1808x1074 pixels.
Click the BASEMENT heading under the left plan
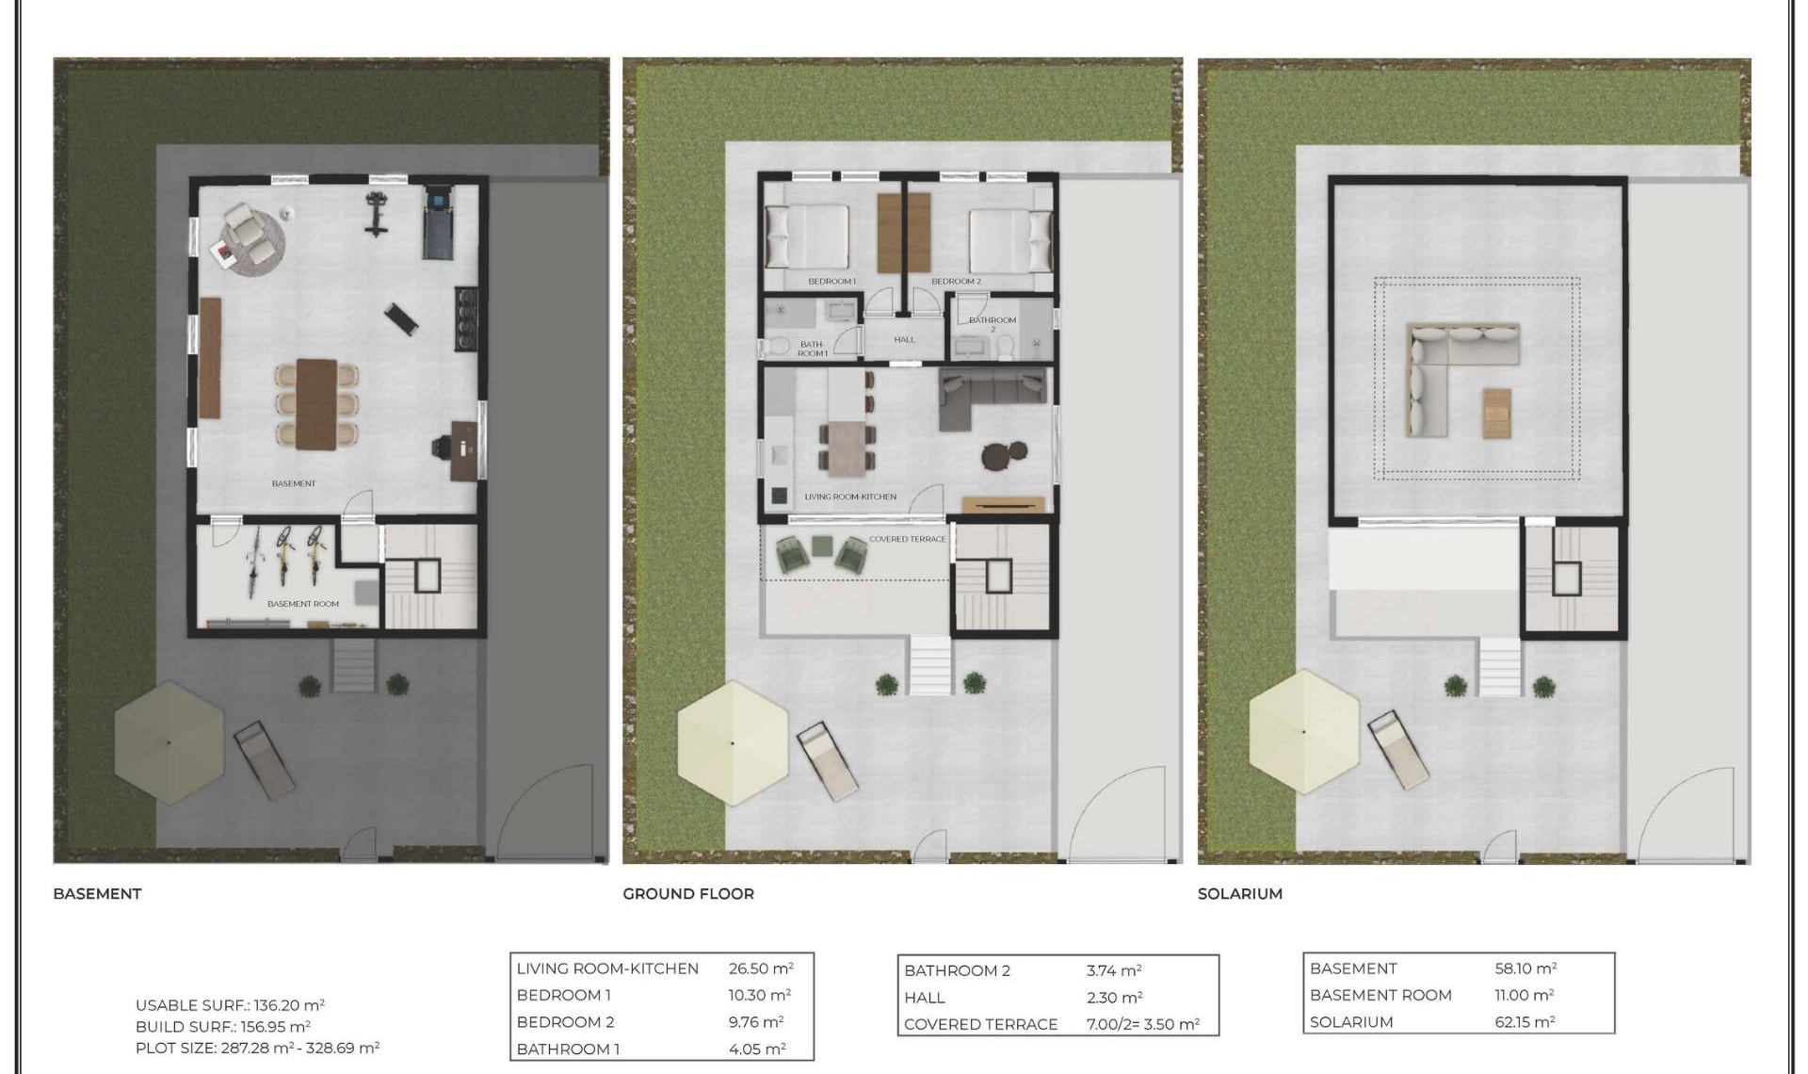97,893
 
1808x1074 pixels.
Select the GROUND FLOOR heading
688,893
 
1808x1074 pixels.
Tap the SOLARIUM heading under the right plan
1239,893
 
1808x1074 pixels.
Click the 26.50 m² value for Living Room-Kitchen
760,968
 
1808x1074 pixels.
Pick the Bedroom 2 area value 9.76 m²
755,1022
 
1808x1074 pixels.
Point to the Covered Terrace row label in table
980,1024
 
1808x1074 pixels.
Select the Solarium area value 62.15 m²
1524,1022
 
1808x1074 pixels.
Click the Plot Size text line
257,1048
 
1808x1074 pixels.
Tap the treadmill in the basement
438,223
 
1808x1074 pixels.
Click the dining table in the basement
316,403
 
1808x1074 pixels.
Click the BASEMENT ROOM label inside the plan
302,604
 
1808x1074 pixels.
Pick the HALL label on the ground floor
904,339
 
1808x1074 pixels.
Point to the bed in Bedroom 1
808,237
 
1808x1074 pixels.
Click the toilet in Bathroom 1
777,347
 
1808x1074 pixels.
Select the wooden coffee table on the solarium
1496,413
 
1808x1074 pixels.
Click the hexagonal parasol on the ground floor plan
733,743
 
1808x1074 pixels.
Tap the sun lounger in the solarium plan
1397,750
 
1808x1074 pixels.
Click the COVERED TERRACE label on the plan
907,539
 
